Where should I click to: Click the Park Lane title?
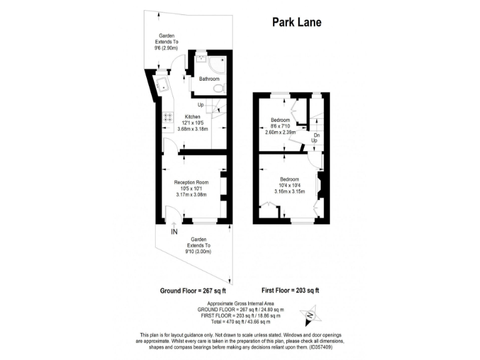click(x=297, y=22)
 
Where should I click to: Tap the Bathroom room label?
click(x=209, y=79)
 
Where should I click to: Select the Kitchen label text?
click(x=192, y=117)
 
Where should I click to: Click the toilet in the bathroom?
click(x=217, y=89)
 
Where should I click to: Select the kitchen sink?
click(x=160, y=84)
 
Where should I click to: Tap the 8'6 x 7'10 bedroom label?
click(x=280, y=126)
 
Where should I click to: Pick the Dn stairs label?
click(x=317, y=135)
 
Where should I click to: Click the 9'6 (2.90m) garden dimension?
click(x=166, y=48)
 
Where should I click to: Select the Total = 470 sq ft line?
click(x=241, y=321)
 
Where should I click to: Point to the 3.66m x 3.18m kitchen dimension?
click(x=192, y=129)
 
